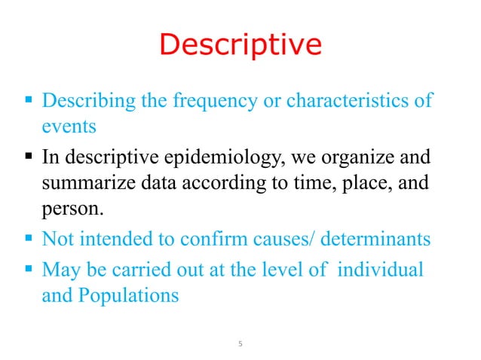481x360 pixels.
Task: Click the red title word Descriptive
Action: (240, 45)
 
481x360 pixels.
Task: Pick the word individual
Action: (380, 269)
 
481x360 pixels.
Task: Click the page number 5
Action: (240, 345)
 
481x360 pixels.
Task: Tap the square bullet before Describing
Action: (29, 101)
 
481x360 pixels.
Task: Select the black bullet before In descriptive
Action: (29, 159)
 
